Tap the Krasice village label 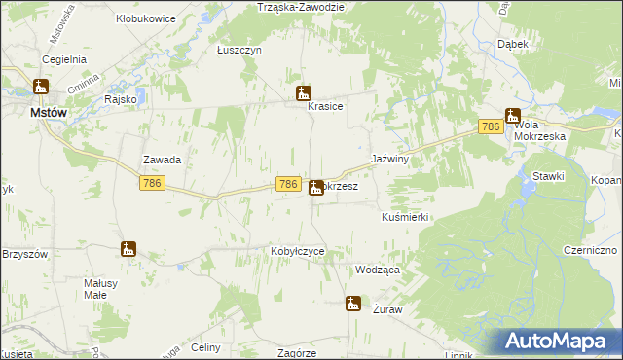pyautogui.click(x=325, y=107)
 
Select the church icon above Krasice pyautogui.click(x=304, y=93)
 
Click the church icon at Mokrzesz pyautogui.click(x=316, y=187)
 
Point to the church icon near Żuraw pyautogui.click(x=353, y=304)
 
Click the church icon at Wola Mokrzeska pyautogui.click(x=512, y=116)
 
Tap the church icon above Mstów pyautogui.click(x=41, y=88)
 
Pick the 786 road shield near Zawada pyautogui.click(x=151, y=183)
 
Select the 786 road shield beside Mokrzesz pyautogui.click(x=287, y=184)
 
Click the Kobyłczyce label pyautogui.click(x=297, y=251)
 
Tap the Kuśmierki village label pyautogui.click(x=405, y=218)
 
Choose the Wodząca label pyautogui.click(x=379, y=270)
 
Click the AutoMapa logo pyautogui.click(x=560, y=342)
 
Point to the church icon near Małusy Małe pyautogui.click(x=128, y=249)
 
